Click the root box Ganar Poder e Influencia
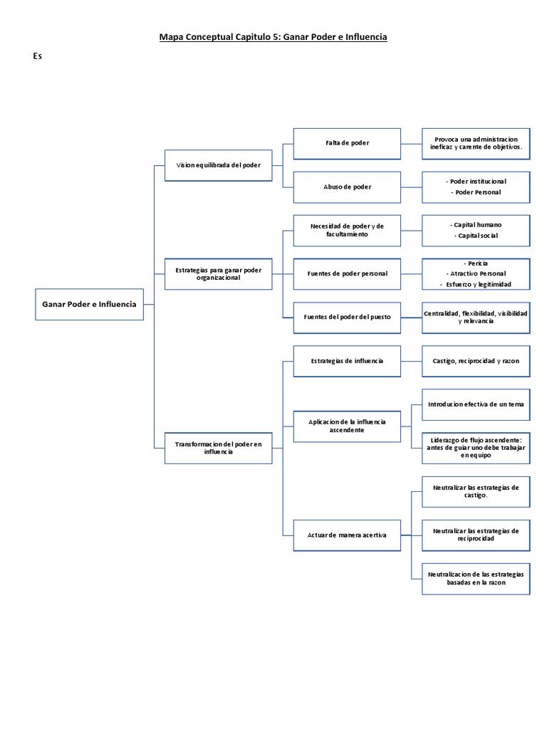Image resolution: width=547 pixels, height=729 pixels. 90,304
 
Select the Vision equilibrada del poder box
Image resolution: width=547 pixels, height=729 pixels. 218,164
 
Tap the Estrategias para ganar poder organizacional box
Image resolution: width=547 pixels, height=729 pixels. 218,274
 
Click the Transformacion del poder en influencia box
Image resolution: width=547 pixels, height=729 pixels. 218,448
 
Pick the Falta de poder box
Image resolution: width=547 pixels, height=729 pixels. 347,143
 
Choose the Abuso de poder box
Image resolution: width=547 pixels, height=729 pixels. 347,187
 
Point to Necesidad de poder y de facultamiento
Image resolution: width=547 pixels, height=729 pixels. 347,230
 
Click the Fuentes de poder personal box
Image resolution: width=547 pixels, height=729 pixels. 347,274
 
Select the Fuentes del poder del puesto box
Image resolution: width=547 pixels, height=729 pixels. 347,318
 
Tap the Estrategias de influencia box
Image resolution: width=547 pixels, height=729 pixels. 347,361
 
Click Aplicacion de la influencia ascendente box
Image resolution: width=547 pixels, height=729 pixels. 347,426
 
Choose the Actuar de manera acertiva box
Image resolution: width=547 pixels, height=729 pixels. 347,535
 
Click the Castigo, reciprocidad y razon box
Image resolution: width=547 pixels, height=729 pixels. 476,361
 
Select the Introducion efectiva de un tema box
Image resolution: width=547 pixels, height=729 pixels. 476,404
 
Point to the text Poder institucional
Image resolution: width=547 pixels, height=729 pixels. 478,182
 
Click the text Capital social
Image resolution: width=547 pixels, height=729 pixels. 478,236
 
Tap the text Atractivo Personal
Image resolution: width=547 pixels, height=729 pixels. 478,273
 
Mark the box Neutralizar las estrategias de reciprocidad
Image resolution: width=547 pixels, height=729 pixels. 476,535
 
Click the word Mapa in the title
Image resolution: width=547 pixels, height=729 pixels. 171,37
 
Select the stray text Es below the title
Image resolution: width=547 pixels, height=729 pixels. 37,57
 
